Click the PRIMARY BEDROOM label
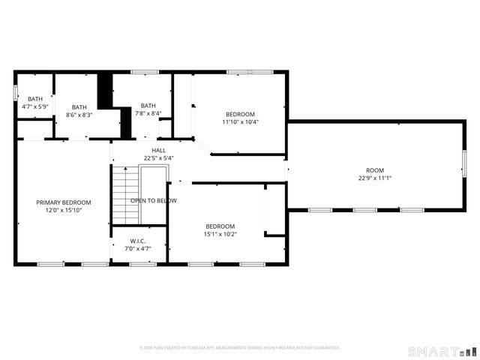coord(64,202)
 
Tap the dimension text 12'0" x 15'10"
coord(64,211)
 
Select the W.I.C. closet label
coord(138,241)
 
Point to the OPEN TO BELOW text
coord(154,201)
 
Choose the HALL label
coord(159,150)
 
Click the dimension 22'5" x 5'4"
coord(159,158)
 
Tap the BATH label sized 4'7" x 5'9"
coord(35,99)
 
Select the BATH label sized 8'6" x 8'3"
coord(79,106)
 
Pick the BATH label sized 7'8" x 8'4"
coord(148,106)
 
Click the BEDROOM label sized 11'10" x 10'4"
coord(240,114)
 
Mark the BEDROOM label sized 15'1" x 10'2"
coord(220,226)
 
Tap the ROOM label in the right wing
coord(375,170)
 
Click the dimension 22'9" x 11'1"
coord(375,178)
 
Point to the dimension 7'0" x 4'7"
coord(138,248)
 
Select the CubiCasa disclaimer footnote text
coord(240,348)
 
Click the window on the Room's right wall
coord(464,164)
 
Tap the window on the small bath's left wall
coord(16,93)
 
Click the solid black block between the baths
coord(106,90)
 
